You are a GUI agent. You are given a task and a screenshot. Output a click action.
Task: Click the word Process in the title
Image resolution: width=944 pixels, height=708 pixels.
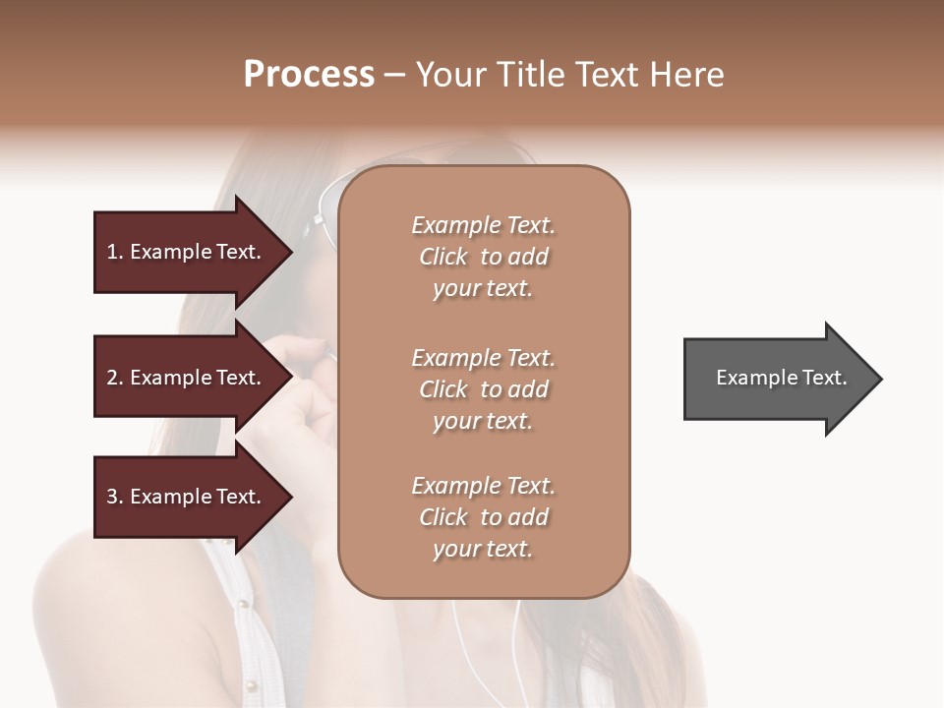[309, 75]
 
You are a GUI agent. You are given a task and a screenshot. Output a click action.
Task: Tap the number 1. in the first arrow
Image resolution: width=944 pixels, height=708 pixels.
[115, 252]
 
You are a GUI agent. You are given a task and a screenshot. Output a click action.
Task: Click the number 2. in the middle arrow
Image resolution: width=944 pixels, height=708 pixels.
[115, 378]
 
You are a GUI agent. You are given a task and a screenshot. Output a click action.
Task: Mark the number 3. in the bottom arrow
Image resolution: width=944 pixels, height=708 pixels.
[115, 497]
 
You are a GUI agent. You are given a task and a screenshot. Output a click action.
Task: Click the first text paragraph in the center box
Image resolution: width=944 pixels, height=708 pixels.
[483, 257]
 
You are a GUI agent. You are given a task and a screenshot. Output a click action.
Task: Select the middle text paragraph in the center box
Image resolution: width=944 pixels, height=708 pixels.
[483, 389]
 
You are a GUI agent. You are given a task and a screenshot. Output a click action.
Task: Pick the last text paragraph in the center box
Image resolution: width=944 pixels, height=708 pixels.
[483, 517]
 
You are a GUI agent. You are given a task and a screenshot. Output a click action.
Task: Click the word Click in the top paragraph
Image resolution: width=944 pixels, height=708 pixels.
[443, 257]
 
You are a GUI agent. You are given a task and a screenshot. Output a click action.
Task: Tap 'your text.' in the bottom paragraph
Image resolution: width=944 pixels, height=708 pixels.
[483, 549]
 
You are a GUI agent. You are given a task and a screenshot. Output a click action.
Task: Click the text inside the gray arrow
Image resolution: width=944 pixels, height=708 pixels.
[782, 378]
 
